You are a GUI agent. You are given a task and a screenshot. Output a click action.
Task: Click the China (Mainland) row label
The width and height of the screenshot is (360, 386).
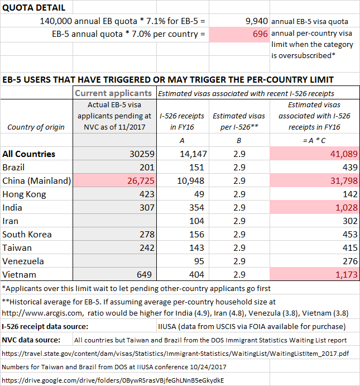pos(37,180)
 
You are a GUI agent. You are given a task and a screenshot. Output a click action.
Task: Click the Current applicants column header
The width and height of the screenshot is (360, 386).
pos(113,93)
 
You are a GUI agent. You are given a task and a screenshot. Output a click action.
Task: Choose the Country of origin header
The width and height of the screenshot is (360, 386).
pos(36,127)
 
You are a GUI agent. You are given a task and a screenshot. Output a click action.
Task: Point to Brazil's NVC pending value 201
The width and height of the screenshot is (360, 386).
pos(143,167)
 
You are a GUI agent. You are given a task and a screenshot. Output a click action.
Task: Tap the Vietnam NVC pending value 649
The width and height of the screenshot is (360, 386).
pos(142,274)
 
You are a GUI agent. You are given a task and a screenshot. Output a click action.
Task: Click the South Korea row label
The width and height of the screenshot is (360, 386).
pos(28,234)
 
